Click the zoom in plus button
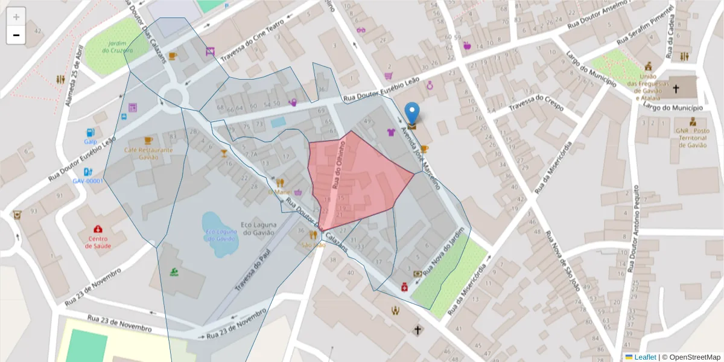pyautogui.click(x=16, y=16)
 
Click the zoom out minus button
pyautogui.click(x=16, y=35)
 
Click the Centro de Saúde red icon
pyautogui.click(x=98, y=229)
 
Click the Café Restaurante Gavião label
pyautogui.click(x=148, y=153)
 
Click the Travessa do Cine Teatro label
pyautogui.click(x=252, y=40)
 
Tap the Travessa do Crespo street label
pyautogui.click(x=537, y=103)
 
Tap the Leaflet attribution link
pyautogui.click(x=645, y=357)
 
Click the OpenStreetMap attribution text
pyautogui.click(x=691, y=357)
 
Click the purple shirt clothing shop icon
pyautogui.click(x=391, y=132)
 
